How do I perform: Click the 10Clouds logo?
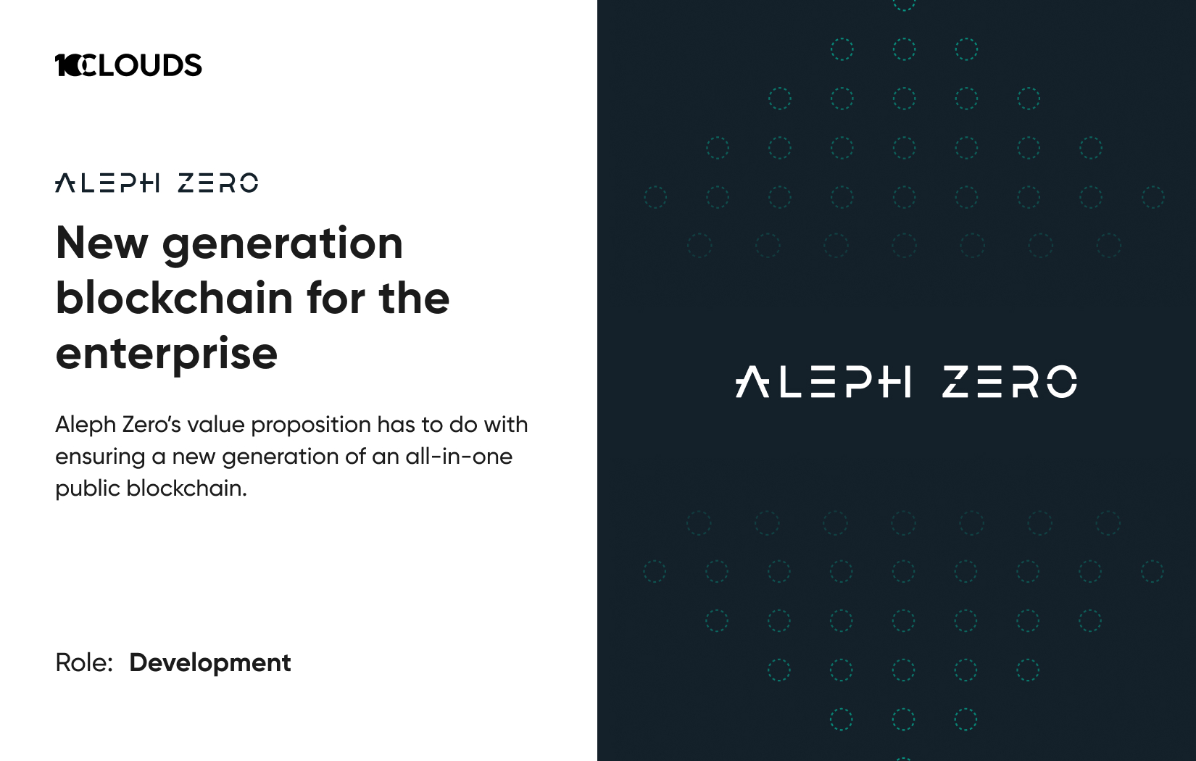click(128, 65)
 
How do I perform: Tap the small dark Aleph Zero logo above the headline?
click(157, 183)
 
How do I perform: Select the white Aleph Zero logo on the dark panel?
click(906, 381)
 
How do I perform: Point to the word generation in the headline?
click(283, 246)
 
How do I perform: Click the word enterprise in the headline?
click(167, 354)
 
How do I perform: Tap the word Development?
click(209, 663)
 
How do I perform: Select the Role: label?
click(84, 662)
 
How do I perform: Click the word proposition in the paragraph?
click(311, 425)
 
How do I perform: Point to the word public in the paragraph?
click(87, 489)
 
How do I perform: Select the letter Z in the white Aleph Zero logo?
click(956, 382)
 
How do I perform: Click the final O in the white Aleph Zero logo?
click(1061, 381)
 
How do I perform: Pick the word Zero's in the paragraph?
click(151, 425)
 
